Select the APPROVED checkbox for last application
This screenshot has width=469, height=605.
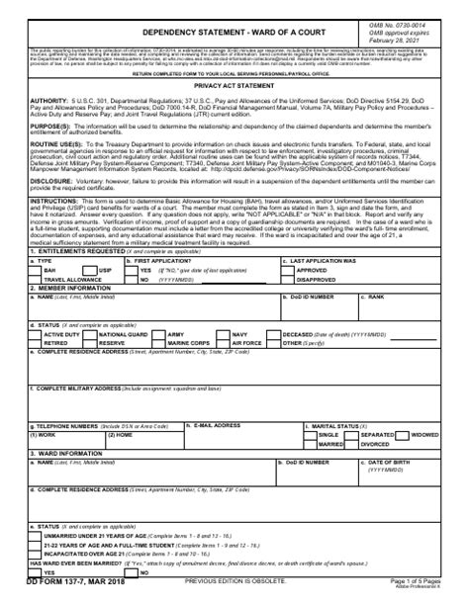click(289, 269)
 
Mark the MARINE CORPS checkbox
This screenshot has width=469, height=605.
click(158, 344)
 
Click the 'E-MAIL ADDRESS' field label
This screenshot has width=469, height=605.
click(217, 425)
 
